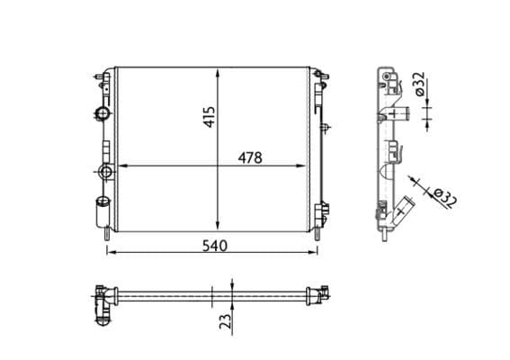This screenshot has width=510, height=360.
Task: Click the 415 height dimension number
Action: tap(209, 116)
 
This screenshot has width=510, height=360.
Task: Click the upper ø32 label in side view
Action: tap(419, 85)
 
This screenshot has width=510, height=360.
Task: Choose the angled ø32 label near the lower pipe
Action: tap(443, 197)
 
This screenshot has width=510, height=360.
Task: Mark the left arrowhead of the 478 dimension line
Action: tap(123, 166)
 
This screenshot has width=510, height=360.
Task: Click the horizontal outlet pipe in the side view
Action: tap(403, 114)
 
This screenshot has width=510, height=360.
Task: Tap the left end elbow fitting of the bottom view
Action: tap(103, 302)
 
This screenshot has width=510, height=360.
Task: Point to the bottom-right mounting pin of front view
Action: tap(316, 235)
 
